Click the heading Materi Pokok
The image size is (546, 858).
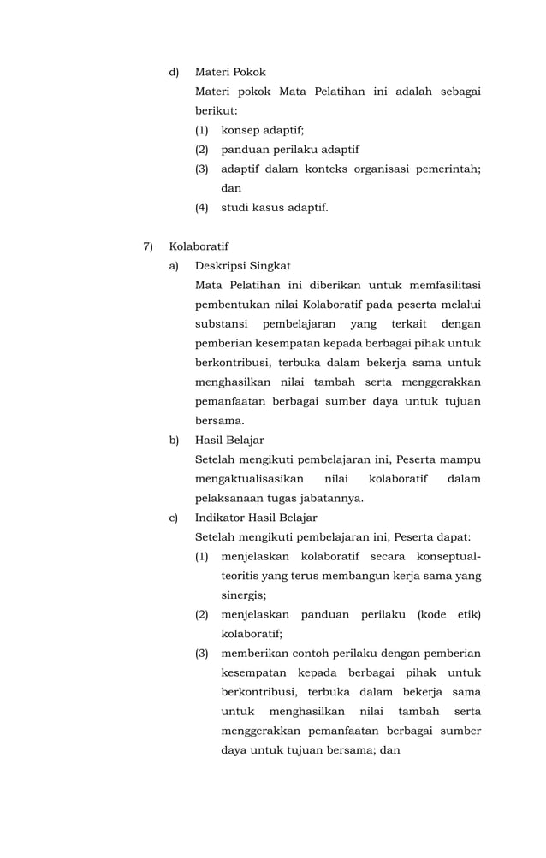coord(230,72)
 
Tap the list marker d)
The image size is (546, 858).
coord(174,72)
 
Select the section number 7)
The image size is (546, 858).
coord(149,246)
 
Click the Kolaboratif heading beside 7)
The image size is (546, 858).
coord(199,246)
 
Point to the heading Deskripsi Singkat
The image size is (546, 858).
coord(242,266)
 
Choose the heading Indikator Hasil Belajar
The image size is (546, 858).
coord(256,518)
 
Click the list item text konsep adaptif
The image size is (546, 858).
coord(262,130)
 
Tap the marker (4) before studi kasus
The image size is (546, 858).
coord(202,207)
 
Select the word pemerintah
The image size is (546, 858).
coord(447,169)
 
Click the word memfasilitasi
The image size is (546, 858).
coord(438,285)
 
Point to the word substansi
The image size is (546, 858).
coord(222,324)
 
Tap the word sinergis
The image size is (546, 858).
coord(243,595)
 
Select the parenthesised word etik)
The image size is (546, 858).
coord(466,614)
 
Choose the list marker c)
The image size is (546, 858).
coord(174,518)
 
